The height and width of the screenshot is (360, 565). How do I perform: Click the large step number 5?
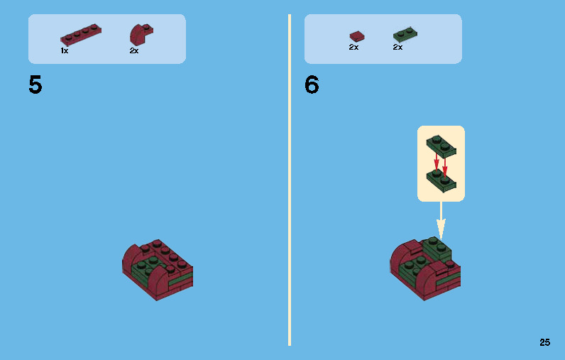tap(35, 85)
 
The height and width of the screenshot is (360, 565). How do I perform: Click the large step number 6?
tap(312, 85)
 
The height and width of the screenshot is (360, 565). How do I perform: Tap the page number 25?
tap(544, 342)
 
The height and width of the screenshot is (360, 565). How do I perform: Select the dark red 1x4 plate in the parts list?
tap(80, 34)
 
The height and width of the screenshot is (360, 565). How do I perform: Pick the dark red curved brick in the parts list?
tap(140, 34)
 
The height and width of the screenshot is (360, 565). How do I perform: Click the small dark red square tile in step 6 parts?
tap(356, 36)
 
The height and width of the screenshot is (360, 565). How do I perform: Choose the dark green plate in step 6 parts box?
tap(405, 34)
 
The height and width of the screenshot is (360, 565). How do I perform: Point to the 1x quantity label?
tap(65, 51)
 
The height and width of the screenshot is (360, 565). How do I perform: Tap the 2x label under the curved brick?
tap(134, 51)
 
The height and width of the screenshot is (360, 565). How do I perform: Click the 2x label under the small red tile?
tap(353, 47)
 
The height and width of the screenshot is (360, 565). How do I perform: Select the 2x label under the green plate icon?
tap(397, 47)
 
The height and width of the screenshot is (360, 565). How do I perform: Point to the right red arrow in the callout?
tap(445, 166)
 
